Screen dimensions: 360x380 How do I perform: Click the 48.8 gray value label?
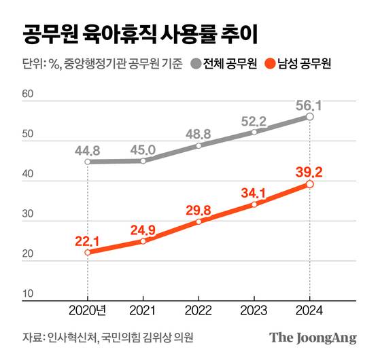coord(198,133)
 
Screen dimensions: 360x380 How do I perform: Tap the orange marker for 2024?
coord(309,184)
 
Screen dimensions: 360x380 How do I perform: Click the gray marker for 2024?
coord(309,117)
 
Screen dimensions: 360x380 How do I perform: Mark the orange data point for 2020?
coord(88,252)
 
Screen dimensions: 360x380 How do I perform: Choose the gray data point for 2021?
coord(143,161)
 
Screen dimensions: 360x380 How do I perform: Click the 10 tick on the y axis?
coord(29,294)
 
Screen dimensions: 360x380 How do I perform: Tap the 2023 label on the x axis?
coord(254,312)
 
